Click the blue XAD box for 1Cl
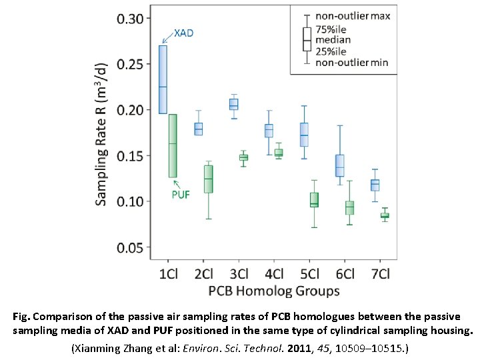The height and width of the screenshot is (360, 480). click(x=163, y=79)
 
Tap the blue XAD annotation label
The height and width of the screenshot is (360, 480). click(x=183, y=33)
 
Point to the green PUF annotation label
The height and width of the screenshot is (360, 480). click(x=181, y=195)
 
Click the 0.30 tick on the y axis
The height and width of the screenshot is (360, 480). click(x=130, y=18)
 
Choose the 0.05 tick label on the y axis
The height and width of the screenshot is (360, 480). click(x=130, y=247)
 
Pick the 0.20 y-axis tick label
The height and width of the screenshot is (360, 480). click(x=130, y=110)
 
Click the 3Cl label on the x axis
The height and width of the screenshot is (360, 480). click(x=238, y=274)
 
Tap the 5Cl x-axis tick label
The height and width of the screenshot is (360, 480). click(x=309, y=274)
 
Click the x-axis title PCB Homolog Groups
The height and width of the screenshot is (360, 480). click(x=273, y=291)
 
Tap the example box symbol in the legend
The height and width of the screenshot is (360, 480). click(x=307, y=39)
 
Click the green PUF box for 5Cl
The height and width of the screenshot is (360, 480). click(x=314, y=200)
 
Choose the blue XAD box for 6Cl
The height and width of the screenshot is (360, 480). click(x=340, y=165)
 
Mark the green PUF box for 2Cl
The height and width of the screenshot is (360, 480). click(x=208, y=179)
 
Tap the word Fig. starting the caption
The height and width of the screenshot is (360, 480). click(x=22, y=317)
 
